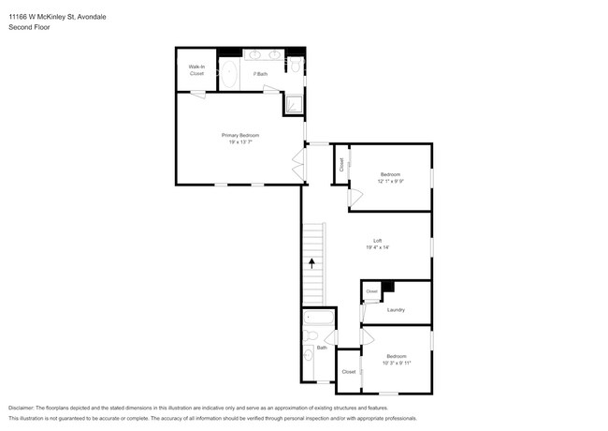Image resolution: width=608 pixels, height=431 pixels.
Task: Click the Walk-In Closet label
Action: [x=196, y=70]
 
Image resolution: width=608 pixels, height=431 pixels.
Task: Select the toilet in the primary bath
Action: [x=296, y=65]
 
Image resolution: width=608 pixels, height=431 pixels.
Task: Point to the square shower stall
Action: [x=294, y=104]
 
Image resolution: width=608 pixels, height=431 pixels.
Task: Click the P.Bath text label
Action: [x=262, y=73]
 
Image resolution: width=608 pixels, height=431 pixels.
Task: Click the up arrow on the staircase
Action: [x=311, y=265]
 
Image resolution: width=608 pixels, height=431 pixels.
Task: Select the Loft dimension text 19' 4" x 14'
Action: [x=379, y=248]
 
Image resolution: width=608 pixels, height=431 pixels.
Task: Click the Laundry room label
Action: [x=395, y=309]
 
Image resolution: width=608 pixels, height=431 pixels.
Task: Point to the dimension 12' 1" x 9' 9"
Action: [x=390, y=182]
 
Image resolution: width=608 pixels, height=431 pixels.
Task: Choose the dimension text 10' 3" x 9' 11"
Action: [x=398, y=363]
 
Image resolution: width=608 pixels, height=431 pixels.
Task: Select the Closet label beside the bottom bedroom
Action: [x=349, y=372]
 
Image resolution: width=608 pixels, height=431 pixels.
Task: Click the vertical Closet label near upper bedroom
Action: [x=342, y=164]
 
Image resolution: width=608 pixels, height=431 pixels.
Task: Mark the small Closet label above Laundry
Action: [x=371, y=291]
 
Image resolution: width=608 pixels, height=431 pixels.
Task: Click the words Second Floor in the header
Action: [x=31, y=28]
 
